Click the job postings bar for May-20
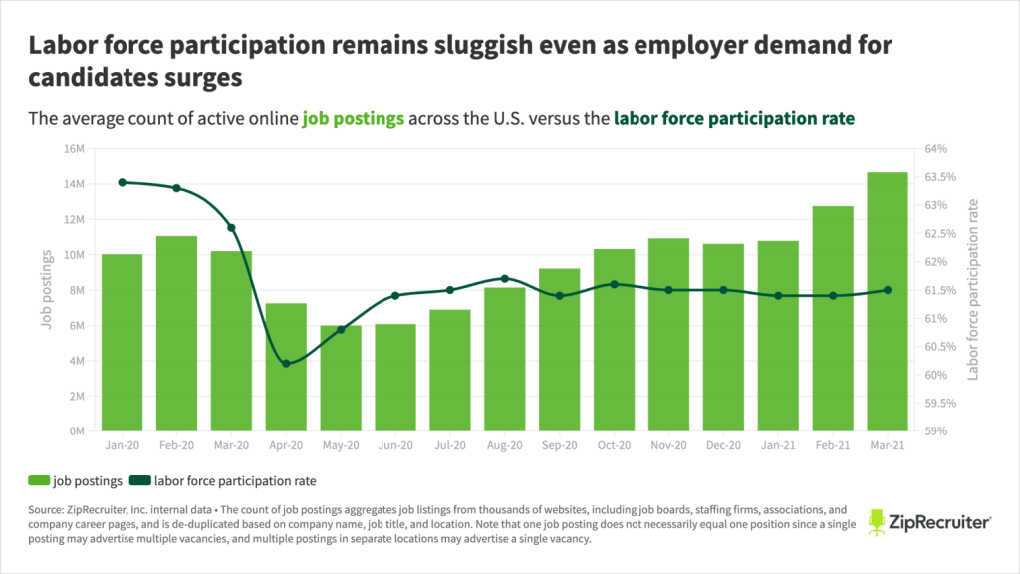coord(341,379)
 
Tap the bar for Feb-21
coord(833,319)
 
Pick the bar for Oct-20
coord(614,340)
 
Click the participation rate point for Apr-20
coord(286,364)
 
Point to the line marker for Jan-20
coord(122,182)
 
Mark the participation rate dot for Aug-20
coord(505,278)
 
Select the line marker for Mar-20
coord(231,228)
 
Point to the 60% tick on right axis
coord(947,376)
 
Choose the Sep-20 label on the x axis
coord(559,446)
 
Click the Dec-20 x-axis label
coord(723,446)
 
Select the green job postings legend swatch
coord(39,481)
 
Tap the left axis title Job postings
coord(46,290)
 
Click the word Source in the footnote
coord(47,507)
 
